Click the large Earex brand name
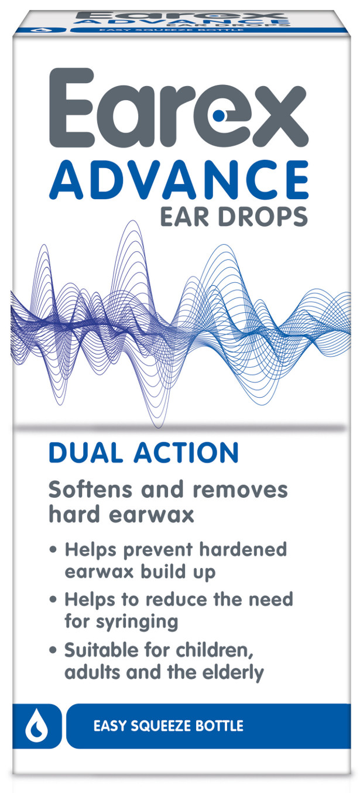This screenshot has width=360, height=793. (178, 107)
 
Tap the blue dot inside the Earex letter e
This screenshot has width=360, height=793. (218, 115)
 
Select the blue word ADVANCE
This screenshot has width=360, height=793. (179, 179)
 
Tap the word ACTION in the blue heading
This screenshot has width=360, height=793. (186, 453)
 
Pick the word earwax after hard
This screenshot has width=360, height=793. (151, 514)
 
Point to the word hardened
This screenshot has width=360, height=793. (243, 549)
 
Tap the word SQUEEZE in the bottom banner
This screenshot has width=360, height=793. (161, 726)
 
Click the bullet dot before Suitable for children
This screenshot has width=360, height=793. (53, 651)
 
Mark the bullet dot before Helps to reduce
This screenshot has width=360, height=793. (53, 600)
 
